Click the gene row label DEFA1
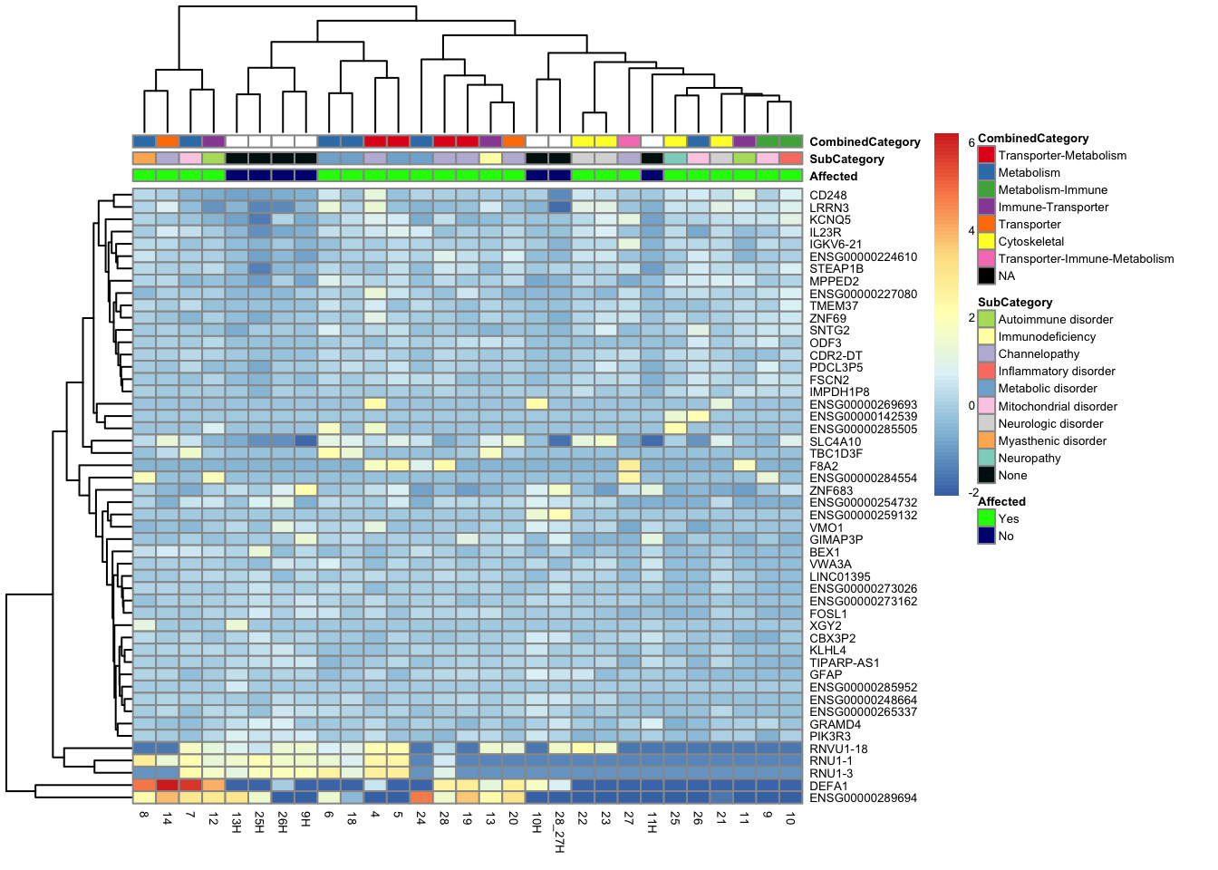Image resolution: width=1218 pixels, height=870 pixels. [828, 786]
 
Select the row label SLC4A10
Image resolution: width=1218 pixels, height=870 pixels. [836, 441]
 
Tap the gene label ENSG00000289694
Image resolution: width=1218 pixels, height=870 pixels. [863, 798]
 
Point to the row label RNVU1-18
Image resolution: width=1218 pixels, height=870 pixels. [838, 749]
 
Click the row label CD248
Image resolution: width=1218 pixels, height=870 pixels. [828, 195]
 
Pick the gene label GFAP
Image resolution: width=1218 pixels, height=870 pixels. [826, 674]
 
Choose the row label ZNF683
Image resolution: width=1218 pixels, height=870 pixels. [831, 490]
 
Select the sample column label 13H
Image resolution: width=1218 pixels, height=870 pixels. [236, 822]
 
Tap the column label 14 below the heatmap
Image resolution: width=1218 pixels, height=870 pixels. [167, 818]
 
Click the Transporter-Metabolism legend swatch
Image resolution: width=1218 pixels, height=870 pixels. [986, 155]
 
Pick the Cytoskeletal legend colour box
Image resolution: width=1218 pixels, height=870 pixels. [986, 241]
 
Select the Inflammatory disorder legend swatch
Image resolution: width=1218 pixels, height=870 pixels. [986, 371]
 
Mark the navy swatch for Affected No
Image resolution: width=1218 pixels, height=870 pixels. [986, 536]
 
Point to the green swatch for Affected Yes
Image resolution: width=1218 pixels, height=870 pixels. [986, 518]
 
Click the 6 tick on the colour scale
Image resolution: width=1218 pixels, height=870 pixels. [971, 143]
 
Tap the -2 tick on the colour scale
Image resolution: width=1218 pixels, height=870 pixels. [973, 492]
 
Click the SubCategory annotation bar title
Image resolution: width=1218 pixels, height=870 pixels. [846, 159]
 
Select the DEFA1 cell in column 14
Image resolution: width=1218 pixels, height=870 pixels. [167, 785]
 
